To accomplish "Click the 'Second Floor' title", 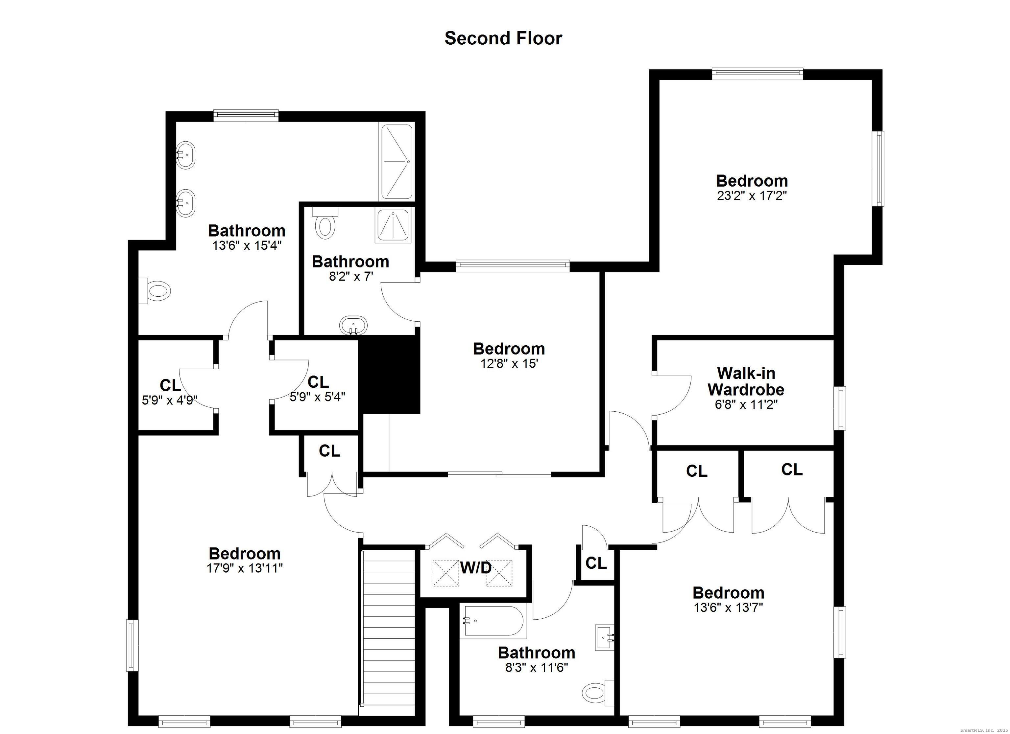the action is pos(503,38).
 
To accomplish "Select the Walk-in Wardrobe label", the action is pos(746,381).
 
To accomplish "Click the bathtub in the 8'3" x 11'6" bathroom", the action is pos(493,621).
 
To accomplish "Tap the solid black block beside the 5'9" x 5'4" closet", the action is pos(390,374).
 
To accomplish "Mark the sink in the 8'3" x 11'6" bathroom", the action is pos(605,637).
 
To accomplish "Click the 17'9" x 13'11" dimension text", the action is pos(245,568).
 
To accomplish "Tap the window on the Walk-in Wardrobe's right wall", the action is pos(840,408).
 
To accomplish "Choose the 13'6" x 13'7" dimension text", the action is pos(729,608).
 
